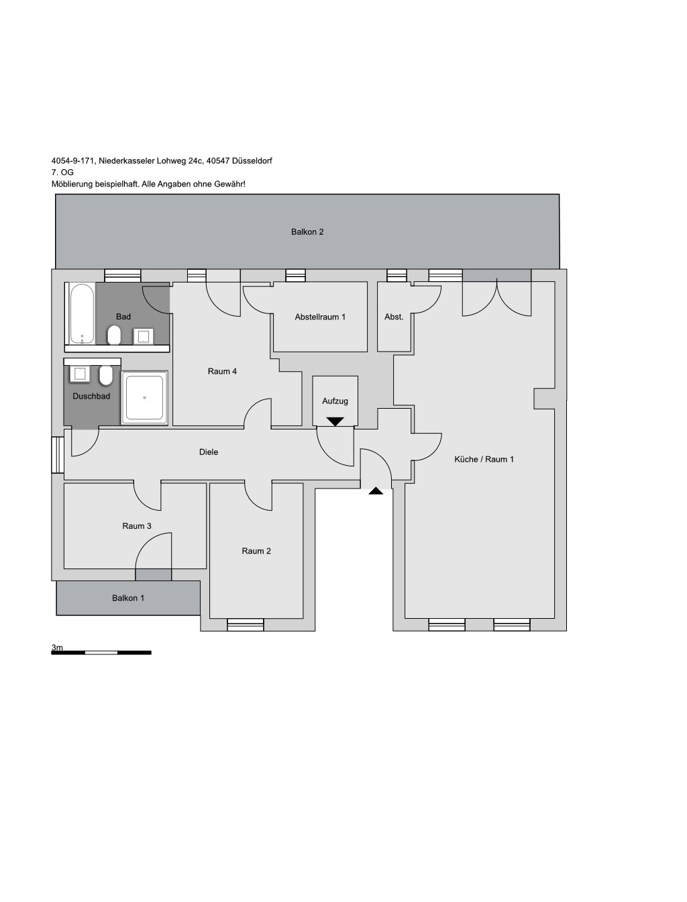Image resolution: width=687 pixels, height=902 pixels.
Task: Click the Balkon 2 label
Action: click(307, 232)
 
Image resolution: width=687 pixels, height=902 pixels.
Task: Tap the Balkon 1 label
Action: click(128, 598)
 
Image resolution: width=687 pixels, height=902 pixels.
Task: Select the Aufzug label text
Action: click(335, 401)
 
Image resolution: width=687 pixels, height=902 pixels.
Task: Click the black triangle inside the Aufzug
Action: click(335, 421)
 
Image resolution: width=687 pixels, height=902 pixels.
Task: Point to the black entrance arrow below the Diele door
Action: click(376, 491)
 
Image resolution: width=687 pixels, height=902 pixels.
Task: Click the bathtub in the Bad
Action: click(82, 313)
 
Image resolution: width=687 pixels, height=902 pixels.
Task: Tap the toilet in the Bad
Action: click(114, 336)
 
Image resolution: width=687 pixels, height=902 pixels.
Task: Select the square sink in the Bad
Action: click(144, 336)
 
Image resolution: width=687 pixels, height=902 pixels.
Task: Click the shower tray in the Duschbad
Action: click(144, 398)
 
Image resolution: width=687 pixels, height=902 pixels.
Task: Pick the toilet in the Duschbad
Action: click(106, 376)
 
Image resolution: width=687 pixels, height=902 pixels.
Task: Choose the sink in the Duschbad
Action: click(80, 374)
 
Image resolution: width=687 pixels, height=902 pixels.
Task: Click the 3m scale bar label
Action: click(57, 648)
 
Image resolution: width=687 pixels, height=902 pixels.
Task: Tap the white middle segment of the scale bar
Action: click(101, 652)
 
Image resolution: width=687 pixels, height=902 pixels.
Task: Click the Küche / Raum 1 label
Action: click(484, 460)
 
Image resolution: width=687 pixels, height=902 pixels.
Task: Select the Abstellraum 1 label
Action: click(320, 317)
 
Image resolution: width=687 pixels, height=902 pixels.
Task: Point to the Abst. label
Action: click(394, 317)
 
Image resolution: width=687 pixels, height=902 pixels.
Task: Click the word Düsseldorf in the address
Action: click(252, 160)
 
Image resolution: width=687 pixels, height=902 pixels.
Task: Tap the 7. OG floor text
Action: click(62, 172)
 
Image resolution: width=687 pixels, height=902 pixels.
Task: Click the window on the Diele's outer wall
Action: click(58, 455)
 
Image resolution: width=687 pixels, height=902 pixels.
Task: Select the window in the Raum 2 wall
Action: click(245, 625)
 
